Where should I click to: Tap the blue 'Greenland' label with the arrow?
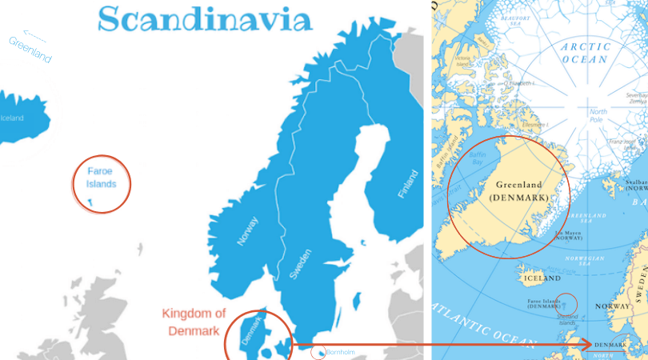(30, 50)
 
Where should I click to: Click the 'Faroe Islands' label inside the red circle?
(101, 178)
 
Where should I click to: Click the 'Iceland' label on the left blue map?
(12, 118)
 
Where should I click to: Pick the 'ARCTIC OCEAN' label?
(586, 53)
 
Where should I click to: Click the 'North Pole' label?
(598, 116)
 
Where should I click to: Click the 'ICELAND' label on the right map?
(541, 278)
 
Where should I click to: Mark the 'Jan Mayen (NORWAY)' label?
(567, 236)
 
